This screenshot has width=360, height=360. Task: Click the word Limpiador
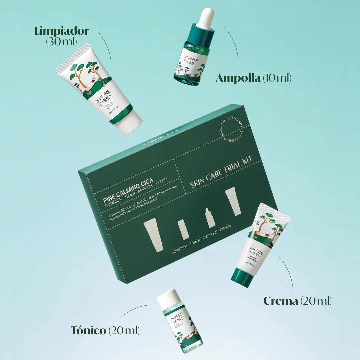tap(61, 31)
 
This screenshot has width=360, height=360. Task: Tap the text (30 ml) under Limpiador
tap(61, 42)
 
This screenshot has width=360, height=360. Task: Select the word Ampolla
tap(238, 78)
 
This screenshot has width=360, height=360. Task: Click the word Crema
tap(281, 301)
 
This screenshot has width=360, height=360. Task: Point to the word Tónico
tap(89, 331)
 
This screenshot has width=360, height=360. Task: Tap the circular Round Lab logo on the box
tap(230, 131)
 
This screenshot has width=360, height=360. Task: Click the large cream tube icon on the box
tap(233, 201)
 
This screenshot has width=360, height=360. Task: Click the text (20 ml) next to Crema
tap(316, 301)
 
